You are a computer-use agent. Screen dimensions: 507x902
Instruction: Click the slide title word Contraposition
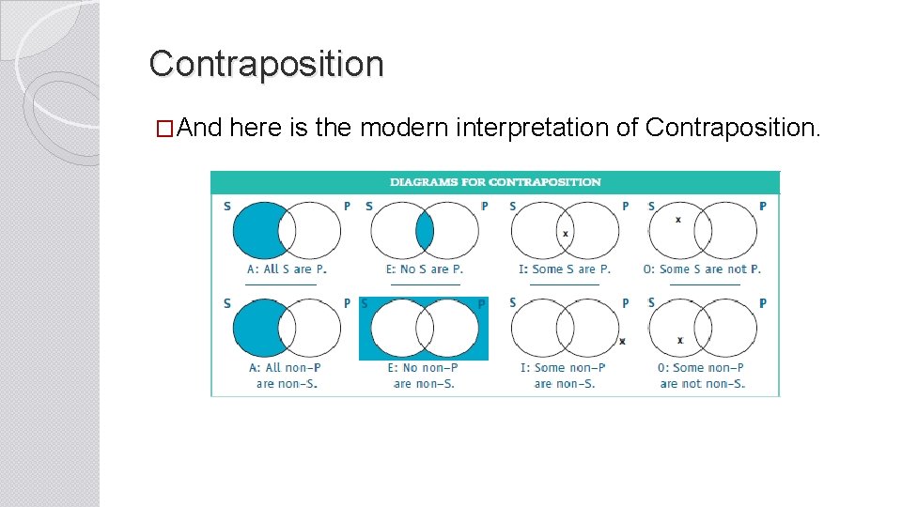click(266, 64)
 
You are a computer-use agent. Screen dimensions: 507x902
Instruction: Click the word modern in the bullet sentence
click(404, 128)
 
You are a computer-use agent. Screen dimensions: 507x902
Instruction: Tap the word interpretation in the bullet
click(533, 128)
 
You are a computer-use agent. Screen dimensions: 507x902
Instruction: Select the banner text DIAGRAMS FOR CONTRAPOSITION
click(495, 182)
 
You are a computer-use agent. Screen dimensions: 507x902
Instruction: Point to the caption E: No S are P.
click(425, 269)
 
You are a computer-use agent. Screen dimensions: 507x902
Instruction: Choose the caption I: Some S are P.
click(564, 269)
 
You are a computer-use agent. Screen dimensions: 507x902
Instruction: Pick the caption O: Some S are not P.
click(702, 269)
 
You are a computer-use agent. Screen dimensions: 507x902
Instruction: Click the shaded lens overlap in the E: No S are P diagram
click(425, 231)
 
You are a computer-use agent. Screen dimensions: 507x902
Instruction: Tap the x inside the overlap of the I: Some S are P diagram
click(565, 233)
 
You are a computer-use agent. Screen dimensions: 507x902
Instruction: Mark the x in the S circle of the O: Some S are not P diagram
click(678, 220)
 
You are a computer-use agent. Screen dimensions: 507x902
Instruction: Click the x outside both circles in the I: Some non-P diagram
click(622, 341)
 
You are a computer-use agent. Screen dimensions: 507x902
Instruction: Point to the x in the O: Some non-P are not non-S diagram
click(680, 340)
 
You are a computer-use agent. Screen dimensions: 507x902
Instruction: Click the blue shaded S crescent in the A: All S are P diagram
click(257, 231)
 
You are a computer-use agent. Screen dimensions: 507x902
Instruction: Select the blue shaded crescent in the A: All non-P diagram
click(257, 329)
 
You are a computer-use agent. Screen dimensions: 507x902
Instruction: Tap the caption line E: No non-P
click(423, 368)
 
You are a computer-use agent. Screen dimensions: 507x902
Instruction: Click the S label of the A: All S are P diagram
click(227, 207)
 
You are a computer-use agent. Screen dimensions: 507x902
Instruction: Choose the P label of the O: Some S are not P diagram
click(762, 207)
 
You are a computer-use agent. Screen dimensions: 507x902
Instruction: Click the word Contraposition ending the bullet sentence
click(732, 128)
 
